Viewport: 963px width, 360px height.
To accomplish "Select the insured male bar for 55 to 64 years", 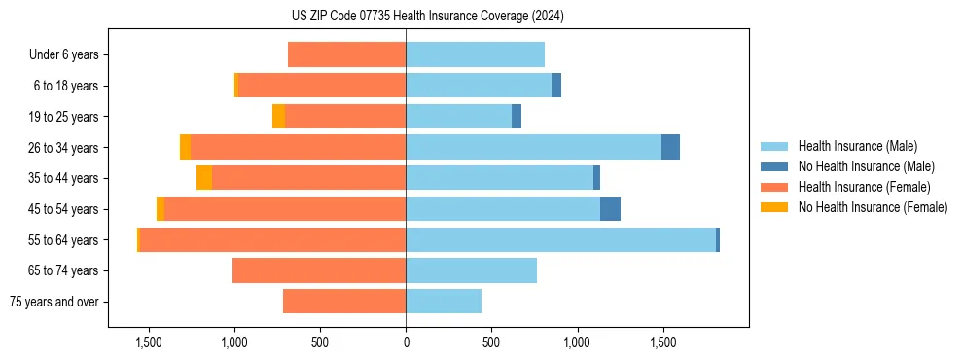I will pyautogui.click(x=560, y=239).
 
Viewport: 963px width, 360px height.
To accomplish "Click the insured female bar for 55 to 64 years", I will pyautogui.click(x=272, y=239).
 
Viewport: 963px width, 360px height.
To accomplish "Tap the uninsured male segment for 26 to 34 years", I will pyautogui.click(x=670, y=147).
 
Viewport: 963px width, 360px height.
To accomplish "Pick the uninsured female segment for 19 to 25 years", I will pyautogui.click(x=278, y=117).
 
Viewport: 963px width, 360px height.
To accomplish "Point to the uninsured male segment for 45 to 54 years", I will pyautogui.click(x=610, y=208).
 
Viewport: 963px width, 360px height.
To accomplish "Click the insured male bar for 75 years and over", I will pyautogui.click(x=444, y=302).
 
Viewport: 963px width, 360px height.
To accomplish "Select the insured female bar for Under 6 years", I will pyautogui.click(x=347, y=55).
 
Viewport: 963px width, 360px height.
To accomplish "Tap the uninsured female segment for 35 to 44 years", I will pyautogui.click(x=204, y=178).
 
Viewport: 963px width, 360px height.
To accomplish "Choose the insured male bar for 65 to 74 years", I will pyautogui.click(x=471, y=270).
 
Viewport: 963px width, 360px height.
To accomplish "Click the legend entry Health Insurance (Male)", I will pyautogui.click(x=857, y=146).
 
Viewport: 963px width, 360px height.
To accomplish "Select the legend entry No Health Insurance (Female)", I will pyautogui.click(x=873, y=207).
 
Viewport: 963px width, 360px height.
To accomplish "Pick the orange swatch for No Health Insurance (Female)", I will pyautogui.click(x=774, y=207).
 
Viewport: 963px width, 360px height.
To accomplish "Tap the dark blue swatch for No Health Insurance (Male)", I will pyautogui.click(x=774, y=166).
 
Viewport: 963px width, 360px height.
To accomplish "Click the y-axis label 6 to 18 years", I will pyautogui.click(x=66, y=86).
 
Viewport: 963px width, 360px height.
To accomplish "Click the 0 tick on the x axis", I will pyautogui.click(x=406, y=342).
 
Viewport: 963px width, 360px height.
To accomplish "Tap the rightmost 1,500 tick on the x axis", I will pyautogui.click(x=663, y=342).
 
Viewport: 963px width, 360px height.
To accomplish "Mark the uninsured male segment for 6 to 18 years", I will pyautogui.click(x=556, y=86).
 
